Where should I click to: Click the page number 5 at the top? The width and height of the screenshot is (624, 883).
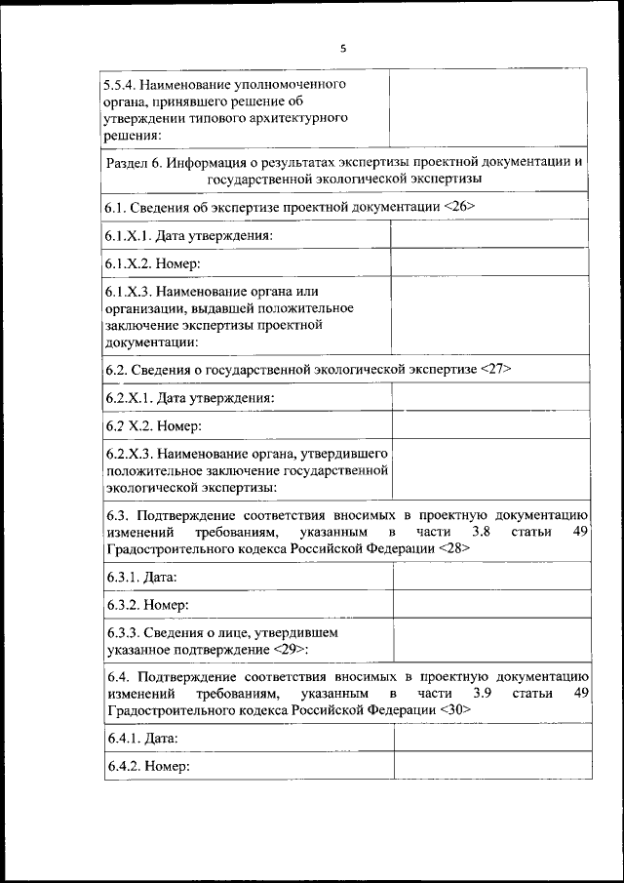tap(344, 48)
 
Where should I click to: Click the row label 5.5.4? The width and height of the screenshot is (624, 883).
tap(121, 85)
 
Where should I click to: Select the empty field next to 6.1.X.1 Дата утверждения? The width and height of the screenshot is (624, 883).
tap(489, 235)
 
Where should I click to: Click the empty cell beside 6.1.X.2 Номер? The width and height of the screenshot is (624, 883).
tap(489, 262)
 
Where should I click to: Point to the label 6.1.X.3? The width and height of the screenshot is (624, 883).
tap(127, 291)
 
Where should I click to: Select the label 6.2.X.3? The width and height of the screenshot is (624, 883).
tap(127, 454)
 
